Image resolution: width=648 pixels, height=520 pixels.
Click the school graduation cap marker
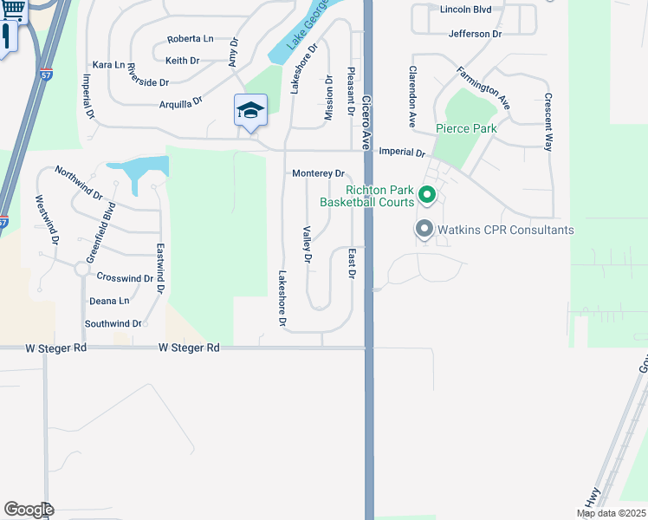tap(250, 111)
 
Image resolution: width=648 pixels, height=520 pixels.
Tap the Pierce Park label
tap(465, 129)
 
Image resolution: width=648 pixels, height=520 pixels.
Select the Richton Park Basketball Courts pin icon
tap(426, 195)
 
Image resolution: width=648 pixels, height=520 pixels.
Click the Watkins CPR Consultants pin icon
tap(424, 230)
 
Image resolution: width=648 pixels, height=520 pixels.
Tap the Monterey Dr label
tap(318, 173)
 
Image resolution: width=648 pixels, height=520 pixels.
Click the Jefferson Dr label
tap(475, 34)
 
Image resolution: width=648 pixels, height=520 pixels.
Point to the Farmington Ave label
tap(482, 88)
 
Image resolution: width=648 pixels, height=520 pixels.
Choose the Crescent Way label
tap(548, 122)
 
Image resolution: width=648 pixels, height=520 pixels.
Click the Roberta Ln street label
tap(190, 39)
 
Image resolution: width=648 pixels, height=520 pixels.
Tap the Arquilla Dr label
tap(180, 101)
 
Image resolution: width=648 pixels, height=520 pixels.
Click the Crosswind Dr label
tap(125, 277)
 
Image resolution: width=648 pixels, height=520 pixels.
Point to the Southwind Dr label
tap(113, 323)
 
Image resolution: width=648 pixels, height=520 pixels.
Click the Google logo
tap(29, 510)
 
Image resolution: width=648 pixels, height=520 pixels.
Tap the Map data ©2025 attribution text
tap(610, 513)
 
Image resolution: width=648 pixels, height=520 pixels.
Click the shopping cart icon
tap(13, 10)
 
